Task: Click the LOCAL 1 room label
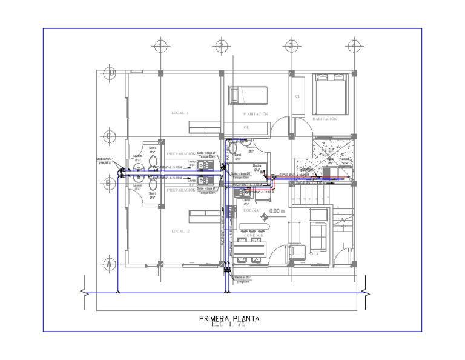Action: tap(180, 113)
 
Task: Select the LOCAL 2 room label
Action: tap(180, 232)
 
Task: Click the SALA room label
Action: tap(314, 254)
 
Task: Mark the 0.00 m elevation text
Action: tap(279, 212)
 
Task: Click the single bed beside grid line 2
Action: tap(246, 96)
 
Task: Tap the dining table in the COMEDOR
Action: tap(252, 247)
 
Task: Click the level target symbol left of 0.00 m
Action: tap(265, 212)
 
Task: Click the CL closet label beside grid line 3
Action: tap(297, 96)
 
